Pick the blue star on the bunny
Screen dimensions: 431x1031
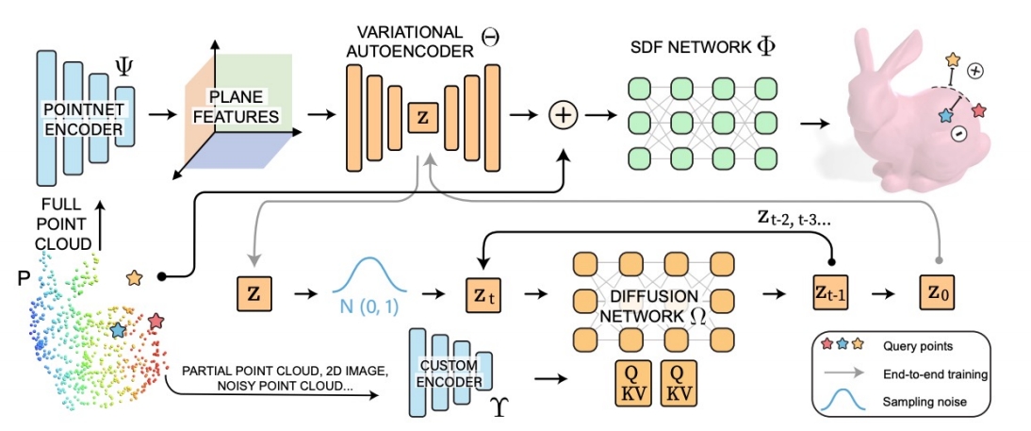[945, 115]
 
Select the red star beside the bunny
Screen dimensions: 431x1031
[979, 110]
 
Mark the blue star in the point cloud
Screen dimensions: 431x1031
[117, 330]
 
